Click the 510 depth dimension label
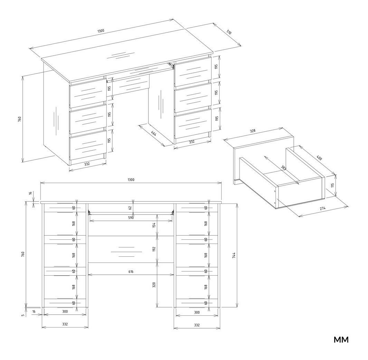229,32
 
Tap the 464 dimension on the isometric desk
154,134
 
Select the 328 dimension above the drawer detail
252,131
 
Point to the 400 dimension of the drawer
319,158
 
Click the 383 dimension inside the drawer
283,168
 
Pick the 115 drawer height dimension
332,185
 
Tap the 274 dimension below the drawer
322,208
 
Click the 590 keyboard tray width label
131,218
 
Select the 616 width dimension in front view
131,272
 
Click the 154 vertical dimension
154,225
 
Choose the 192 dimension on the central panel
154,249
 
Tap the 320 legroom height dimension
154,285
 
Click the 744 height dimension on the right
234,256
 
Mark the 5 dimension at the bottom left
23,315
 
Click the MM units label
341,340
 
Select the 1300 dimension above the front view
131,180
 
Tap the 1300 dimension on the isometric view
100,31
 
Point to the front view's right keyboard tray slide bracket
173,212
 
